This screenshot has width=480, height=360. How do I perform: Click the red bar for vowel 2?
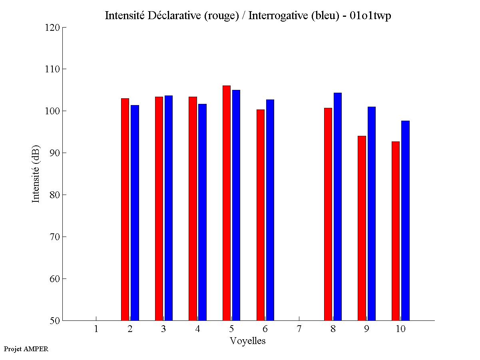[125, 209]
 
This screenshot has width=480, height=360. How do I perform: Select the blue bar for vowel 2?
[135, 213]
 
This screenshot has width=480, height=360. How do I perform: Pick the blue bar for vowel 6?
[270, 210]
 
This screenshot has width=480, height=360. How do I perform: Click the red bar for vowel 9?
[362, 228]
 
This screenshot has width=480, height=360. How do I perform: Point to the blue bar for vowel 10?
[405, 221]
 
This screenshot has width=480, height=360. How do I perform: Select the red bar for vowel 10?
[396, 231]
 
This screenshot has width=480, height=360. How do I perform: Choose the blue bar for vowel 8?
[338, 207]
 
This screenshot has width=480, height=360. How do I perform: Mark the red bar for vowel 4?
[193, 209]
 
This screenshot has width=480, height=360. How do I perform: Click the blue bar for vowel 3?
[169, 208]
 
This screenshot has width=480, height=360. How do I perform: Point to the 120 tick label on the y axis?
[52, 28]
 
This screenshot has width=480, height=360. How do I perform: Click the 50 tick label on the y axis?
[55, 320]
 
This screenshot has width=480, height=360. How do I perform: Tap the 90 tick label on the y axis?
[55, 153]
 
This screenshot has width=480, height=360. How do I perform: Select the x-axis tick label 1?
[96, 329]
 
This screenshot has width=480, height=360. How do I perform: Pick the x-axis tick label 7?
[299, 329]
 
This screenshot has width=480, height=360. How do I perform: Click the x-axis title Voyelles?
[247, 341]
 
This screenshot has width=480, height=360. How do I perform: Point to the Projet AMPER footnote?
[26, 349]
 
